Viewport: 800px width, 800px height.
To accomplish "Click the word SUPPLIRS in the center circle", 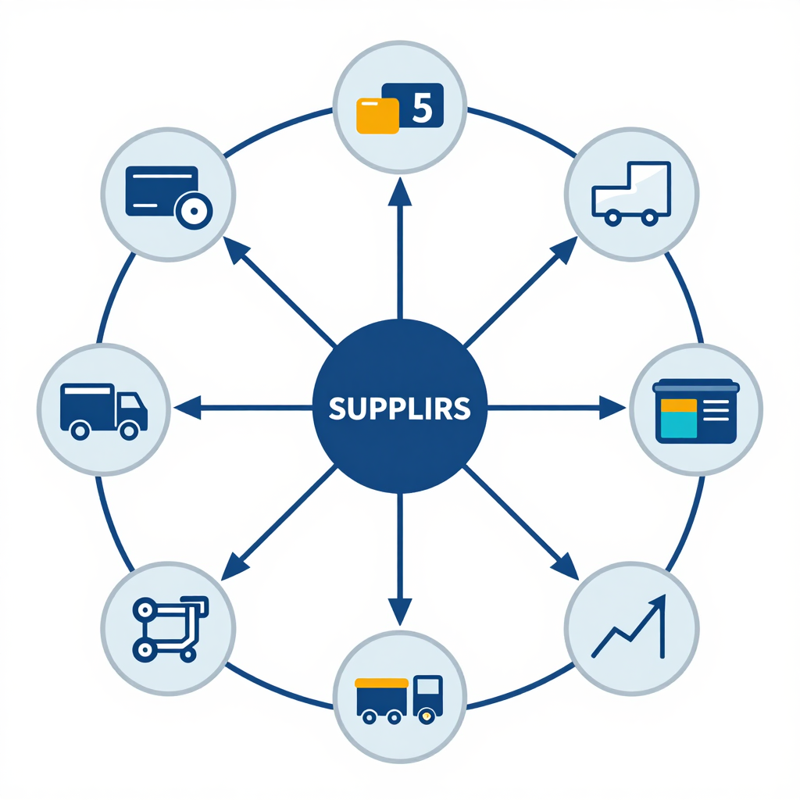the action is pos(399,409).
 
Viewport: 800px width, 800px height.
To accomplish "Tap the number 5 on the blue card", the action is pos(423,108).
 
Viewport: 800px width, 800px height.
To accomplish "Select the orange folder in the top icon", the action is pos(377,116).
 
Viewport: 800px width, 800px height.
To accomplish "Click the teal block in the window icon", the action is pos(679,424).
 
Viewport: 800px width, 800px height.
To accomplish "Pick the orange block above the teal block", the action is pos(679,405).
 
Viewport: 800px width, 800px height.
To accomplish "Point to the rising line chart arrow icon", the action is pos(629,626).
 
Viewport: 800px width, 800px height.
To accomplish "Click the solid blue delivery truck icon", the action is pos(104,411).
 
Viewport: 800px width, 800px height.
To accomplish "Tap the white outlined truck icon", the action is pos(631,194).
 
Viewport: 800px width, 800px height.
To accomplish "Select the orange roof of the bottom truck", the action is pos(381,683).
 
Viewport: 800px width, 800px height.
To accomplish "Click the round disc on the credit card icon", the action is pos(194,211).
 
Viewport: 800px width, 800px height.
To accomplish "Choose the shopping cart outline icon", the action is pos(170,629).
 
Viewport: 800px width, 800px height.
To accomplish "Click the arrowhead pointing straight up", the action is pos(400,192).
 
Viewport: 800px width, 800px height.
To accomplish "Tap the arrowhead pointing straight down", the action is pos(400,611).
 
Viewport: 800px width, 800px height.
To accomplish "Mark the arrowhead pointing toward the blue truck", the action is pos(187,408).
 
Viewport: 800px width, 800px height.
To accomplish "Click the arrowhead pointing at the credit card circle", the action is pos(236,249).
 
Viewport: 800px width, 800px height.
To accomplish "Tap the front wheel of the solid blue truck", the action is pos(129,431).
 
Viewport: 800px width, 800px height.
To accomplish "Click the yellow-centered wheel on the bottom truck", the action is pos(427,717).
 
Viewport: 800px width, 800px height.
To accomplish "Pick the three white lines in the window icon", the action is pos(716,411).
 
